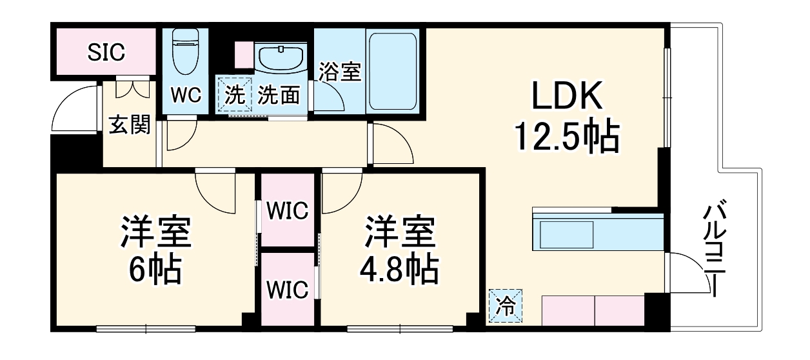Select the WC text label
[186, 95]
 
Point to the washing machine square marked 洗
[235, 95]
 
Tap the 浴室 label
[340, 72]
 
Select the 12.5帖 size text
[567, 137]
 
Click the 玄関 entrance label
[129, 125]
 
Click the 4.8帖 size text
[399, 271]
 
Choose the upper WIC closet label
[288, 210]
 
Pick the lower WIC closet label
[288, 290]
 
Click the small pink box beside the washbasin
[244, 54]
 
